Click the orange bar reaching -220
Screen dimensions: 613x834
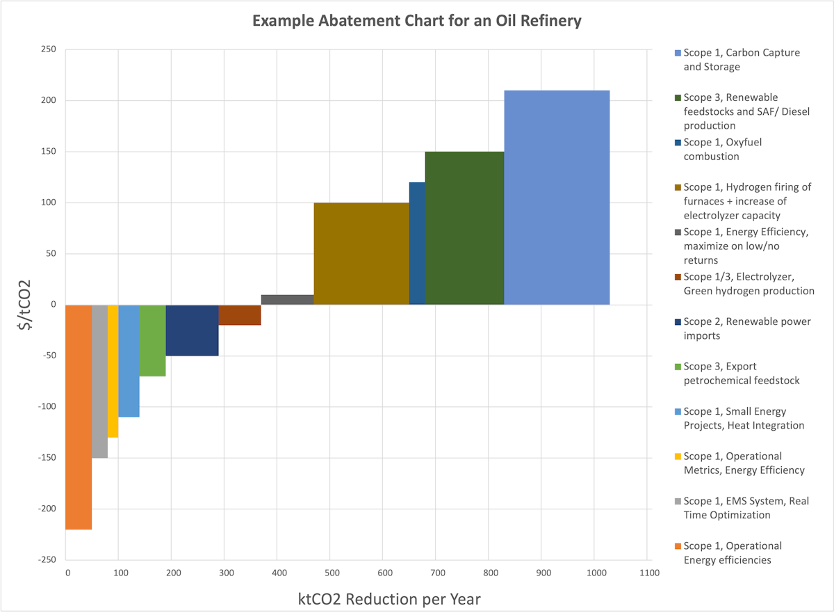tap(79, 417)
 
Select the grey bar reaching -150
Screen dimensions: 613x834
tap(99, 381)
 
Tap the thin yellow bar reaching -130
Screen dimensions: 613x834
tap(113, 371)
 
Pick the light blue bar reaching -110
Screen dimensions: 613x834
tap(129, 360)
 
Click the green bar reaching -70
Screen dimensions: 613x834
tap(152, 340)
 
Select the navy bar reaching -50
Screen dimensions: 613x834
tap(192, 330)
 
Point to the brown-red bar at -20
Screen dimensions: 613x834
tap(240, 315)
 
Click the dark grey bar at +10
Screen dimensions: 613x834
tap(287, 300)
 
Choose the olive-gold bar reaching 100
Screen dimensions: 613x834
tap(361, 253)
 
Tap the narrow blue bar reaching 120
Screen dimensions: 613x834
tap(417, 244)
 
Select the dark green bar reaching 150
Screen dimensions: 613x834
tap(464, 228)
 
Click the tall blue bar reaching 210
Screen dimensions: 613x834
tap(557, 198)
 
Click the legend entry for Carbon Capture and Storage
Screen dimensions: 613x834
tap(740, 60)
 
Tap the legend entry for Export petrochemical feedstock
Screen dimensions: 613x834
tap(740, 374)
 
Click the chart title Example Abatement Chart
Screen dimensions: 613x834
tap(416, 21)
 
